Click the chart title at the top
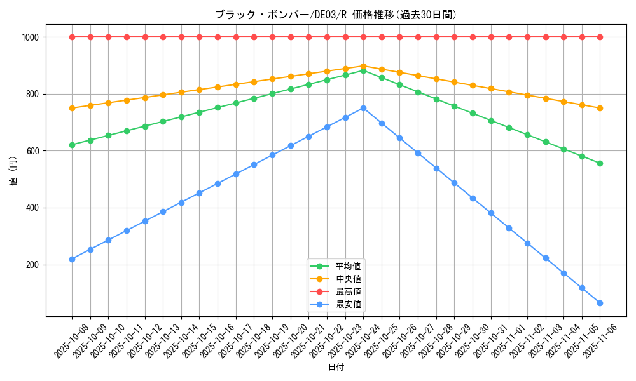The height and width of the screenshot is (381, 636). (x=335, y=15)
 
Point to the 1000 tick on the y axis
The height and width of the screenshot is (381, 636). (x=33, y=37)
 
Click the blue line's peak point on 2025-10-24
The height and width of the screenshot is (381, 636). (x=363, y=108)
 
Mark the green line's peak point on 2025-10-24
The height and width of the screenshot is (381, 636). (x=363, y=70)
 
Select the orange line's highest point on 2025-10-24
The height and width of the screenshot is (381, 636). (x=363, y=65)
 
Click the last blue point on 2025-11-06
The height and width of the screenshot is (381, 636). (x=600, y=303)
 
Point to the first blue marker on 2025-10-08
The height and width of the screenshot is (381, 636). (x=72, y=259)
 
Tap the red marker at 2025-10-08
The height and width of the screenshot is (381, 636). (x=72, y=37)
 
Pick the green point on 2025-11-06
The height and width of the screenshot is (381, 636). (x=600, y=163)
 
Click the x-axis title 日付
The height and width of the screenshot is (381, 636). (x=336, y=368)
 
